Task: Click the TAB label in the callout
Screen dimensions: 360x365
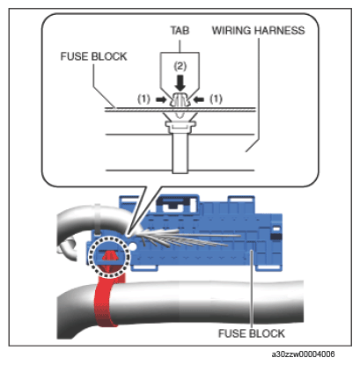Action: pos(180,30)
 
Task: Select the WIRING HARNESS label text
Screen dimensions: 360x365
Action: pos(259,30)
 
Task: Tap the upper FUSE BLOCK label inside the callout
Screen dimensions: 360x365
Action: pos(93,56)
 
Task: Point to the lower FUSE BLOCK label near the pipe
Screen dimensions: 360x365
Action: pos(252,333)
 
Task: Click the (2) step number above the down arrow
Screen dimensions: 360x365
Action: pos(180,66)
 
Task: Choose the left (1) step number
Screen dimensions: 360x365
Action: pos(143,99)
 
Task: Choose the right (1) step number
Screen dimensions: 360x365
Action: pos(216,99)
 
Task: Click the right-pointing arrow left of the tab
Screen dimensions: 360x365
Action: pos(161,100)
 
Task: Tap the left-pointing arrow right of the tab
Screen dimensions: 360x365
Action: pos(199,100)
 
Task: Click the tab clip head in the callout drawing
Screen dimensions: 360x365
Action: pos(180,99)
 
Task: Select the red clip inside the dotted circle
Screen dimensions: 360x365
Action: pos(109,258)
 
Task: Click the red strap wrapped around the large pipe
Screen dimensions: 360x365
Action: pos(107,302)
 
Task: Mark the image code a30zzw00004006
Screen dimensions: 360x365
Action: pos(303,354)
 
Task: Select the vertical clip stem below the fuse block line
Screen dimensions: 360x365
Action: pos(180,152)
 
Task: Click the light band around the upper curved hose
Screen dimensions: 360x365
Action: pos(97,219)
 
